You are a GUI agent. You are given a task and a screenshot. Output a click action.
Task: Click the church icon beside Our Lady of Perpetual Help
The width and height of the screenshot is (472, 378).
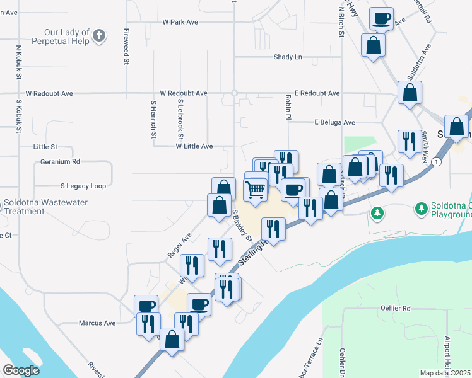(98, 36)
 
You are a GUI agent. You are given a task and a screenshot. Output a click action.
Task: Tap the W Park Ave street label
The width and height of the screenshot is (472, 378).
(180, 22)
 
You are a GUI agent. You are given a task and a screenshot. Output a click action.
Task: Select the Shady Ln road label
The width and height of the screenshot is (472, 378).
(288, 57)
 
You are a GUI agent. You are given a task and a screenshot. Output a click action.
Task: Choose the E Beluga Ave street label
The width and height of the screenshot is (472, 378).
(334, 122)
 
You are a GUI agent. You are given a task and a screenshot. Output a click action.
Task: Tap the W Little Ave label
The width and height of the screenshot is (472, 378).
(194, 146)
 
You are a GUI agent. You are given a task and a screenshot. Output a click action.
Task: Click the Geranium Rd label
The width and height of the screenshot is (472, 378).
(59, 161)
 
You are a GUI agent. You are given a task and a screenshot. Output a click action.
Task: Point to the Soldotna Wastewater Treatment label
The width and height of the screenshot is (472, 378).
(45, 207)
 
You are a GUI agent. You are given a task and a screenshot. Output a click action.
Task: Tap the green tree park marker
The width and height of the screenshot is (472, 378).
(377, 213)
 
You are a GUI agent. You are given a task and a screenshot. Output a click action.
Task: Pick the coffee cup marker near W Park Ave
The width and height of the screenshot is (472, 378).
(381, 18)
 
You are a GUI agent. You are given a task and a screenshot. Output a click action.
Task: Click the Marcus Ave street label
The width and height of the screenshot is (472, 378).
(97, 323)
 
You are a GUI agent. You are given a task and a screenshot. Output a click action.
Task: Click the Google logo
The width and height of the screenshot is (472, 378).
(21, 370)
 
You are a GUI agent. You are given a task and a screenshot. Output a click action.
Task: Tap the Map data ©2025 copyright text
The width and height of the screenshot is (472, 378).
(445, 373)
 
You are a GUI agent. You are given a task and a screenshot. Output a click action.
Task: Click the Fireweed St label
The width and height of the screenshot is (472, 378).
(126, 47)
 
